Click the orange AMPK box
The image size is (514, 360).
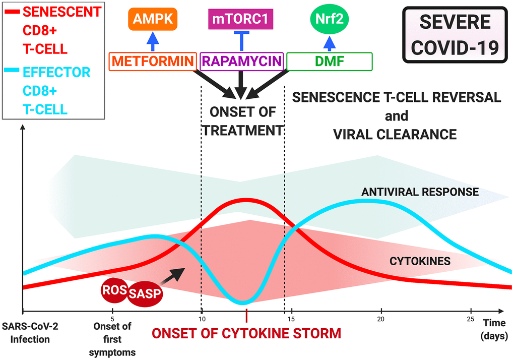(x=153, y=19)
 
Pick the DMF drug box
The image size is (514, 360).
(x=329, y=62)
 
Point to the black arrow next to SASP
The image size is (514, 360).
(x=173, y=275)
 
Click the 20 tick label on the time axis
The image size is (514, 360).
(x=381, y=319)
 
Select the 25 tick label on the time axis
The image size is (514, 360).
(x=471, y=319)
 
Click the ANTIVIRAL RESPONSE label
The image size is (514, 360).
(x=420, y=192)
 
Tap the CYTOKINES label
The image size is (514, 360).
(x=420, y=261)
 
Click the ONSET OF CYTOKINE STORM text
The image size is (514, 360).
(x=246, y=333)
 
